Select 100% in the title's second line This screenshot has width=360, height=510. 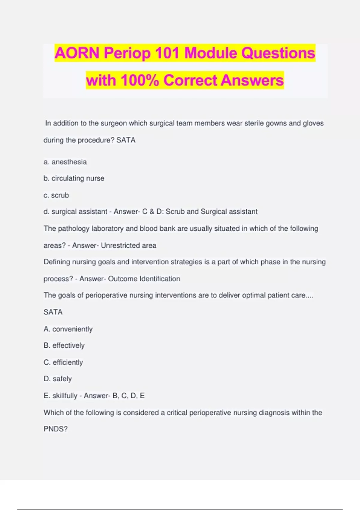click(x=139, y=80)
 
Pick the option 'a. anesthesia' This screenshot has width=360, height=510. click(x=65, y=162)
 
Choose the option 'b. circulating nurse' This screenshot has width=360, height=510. click(x=74, y=178)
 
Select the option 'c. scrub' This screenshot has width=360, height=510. click(x=56, y=195)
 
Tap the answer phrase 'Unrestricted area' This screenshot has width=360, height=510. click(x=128, y=245)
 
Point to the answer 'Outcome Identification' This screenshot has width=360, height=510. click(x=144, y=279)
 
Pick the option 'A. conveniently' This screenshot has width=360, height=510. click(x=68, y=329)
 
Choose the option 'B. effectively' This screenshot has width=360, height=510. click(x=64, y=346)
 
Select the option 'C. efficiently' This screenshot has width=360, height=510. click(x=63, y=362)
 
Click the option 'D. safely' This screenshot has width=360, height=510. click(x=58, y=379)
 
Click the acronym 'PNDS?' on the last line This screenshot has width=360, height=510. click(x=55, y=429)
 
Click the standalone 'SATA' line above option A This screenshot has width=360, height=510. click(x=53, y=312)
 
